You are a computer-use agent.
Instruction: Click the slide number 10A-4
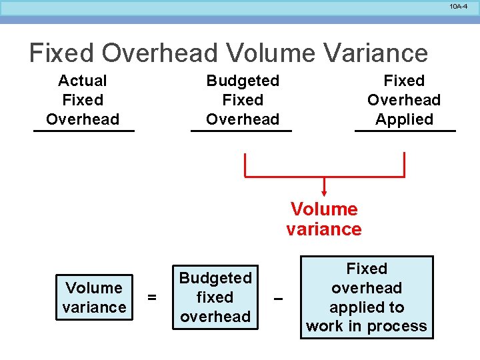(459, 6)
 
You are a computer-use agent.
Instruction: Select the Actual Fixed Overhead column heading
(83, 100)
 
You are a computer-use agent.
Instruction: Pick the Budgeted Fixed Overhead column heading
(243, 100)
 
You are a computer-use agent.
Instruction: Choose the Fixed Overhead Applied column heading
(404, 100)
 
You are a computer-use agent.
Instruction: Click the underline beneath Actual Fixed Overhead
(84, 131)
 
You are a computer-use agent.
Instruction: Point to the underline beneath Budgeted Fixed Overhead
(241, 131)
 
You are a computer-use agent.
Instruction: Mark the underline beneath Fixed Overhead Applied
(405, 131)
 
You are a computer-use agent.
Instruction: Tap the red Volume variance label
(324, 219)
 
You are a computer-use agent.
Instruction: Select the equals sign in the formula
(152, 297)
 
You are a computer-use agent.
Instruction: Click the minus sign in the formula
(279, 298)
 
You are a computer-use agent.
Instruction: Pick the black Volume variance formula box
(94, 297)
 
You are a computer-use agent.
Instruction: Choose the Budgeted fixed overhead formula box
(215, 297)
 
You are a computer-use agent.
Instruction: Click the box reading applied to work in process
(367, 297)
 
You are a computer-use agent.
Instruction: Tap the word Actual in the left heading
(83, 81)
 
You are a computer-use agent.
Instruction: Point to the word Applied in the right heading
(404, 120)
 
